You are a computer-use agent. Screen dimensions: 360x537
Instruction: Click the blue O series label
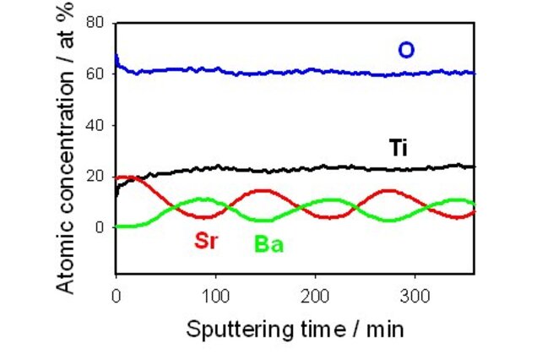406,51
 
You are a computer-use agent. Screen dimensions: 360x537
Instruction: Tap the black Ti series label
400,148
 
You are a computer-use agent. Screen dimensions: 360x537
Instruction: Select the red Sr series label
207,240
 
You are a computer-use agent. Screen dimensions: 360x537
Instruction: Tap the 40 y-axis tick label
95,125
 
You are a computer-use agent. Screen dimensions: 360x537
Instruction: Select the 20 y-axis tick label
95,176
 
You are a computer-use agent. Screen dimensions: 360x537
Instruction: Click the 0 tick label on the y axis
100,227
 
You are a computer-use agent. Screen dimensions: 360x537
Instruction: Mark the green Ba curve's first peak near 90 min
203,199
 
